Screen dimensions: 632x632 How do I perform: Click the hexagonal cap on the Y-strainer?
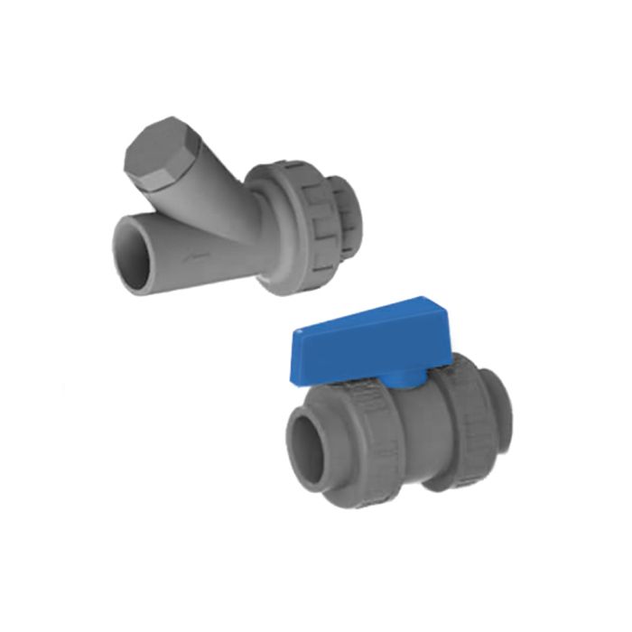pos(156,149)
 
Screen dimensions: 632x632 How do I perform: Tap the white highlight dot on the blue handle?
pos(299,331)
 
